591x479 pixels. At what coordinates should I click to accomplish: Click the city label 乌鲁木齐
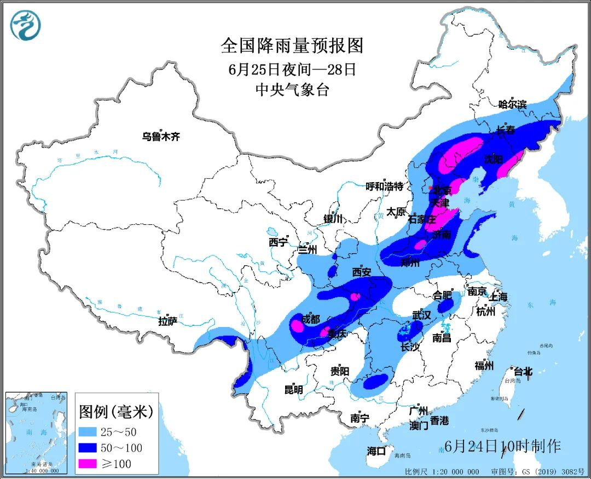161,137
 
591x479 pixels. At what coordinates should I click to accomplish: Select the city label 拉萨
167,321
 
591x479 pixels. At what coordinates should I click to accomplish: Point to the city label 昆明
293,390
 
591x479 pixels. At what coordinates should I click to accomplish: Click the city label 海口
376,451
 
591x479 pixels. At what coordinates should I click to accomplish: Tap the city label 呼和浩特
385,186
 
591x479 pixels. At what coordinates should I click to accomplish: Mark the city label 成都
311,319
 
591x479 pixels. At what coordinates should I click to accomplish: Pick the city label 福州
485,366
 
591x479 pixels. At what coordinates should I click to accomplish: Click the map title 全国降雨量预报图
292,45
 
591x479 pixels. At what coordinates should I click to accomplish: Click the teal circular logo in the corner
26,26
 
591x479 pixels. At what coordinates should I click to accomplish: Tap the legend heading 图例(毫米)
116,410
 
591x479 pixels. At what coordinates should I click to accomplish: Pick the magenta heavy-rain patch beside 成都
297,326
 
